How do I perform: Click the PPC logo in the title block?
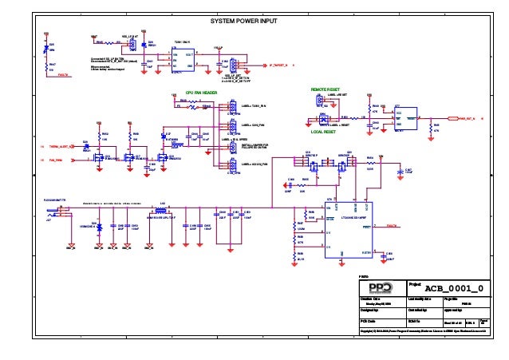tap(378, 287)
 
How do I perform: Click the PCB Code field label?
tap(372, 321)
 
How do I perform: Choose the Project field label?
tap(413, 283)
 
